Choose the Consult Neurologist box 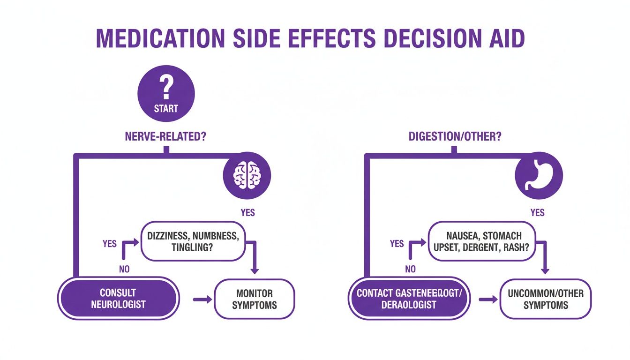point(118,299)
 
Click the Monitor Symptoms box point(254,299)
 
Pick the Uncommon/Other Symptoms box point(546,299)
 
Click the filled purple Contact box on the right point(409,299)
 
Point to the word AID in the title point(505,39)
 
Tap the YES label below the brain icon point(247,212)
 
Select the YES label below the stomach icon point(537,212)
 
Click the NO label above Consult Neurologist point(124,269)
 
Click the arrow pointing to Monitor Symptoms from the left point(202,299)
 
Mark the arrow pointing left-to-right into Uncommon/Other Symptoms point(488,299)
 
